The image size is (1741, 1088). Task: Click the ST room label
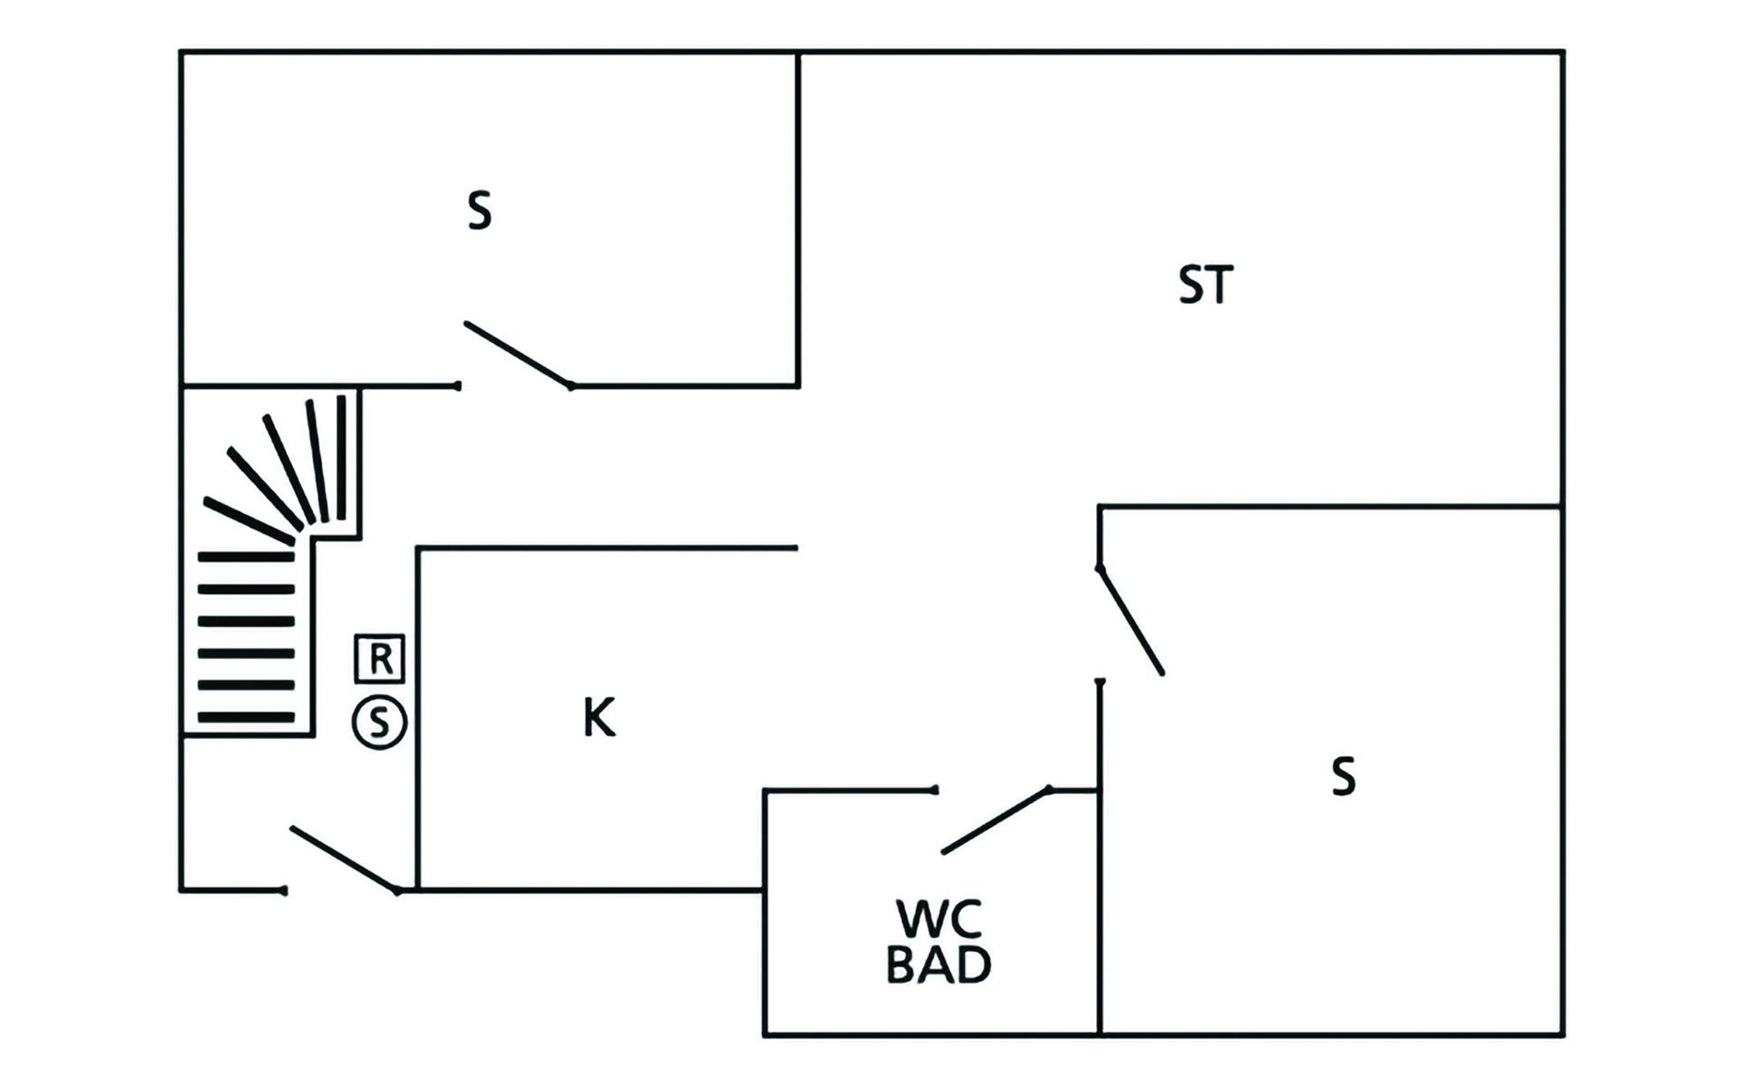point(1205,285)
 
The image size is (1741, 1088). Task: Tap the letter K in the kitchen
point(598,718)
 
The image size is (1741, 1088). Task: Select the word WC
point(939,919)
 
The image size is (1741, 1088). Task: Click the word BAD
point(939,965)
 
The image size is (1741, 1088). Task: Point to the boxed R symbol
point(379,658)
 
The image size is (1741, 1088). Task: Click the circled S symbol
point(379,723)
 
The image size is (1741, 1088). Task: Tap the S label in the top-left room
point(480,211)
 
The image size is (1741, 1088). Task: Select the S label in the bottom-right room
point(1343,777)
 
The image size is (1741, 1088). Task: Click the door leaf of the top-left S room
point(518,355)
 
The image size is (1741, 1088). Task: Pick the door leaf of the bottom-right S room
point(1131,621)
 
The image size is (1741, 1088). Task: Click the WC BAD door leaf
point(996,821)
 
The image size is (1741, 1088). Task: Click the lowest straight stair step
point(247,717)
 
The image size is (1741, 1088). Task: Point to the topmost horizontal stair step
point(247,557)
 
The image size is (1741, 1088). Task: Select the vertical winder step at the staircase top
point(341,457)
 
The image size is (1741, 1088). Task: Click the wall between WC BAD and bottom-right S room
point(1100,907)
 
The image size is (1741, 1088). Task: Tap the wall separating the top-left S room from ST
point(798,218)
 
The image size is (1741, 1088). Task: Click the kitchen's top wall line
point(608,548)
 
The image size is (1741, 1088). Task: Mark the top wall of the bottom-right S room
point(1328,506)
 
